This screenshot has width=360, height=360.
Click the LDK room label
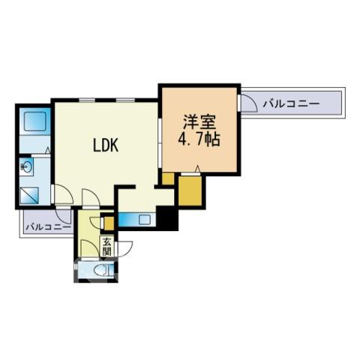106,145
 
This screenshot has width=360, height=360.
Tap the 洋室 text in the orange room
199,122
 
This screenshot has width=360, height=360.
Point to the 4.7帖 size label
199,139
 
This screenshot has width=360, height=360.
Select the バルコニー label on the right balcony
291,103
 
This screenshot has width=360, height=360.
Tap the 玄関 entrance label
106,246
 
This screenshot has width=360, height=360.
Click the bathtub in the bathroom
34,121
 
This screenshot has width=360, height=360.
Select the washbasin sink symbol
26,166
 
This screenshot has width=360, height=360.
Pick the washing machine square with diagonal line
29,196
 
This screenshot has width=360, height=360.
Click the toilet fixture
103,270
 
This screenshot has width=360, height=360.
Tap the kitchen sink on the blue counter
144,219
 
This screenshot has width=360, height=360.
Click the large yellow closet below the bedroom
190,190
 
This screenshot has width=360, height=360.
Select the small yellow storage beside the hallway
109,223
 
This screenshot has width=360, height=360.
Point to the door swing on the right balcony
249,103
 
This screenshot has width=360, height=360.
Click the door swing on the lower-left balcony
64,216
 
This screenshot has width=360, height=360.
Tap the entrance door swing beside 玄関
124,249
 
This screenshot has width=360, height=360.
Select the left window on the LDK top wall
87,100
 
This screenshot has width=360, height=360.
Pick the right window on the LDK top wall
125,100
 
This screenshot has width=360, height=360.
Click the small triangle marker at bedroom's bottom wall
197,169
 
